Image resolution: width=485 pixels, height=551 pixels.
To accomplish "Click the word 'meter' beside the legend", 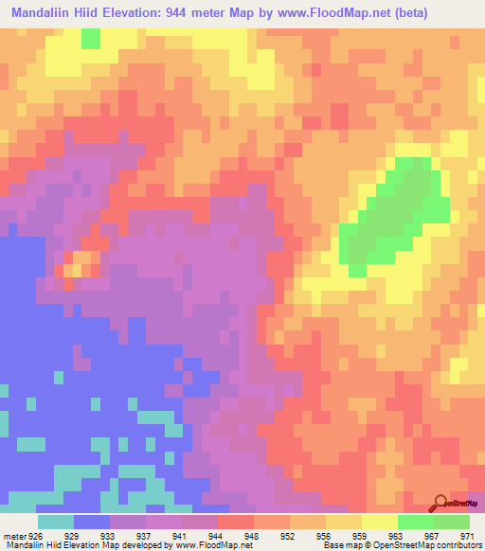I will click(13, 534).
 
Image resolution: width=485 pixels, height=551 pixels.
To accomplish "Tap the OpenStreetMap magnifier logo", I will click(440, 503).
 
